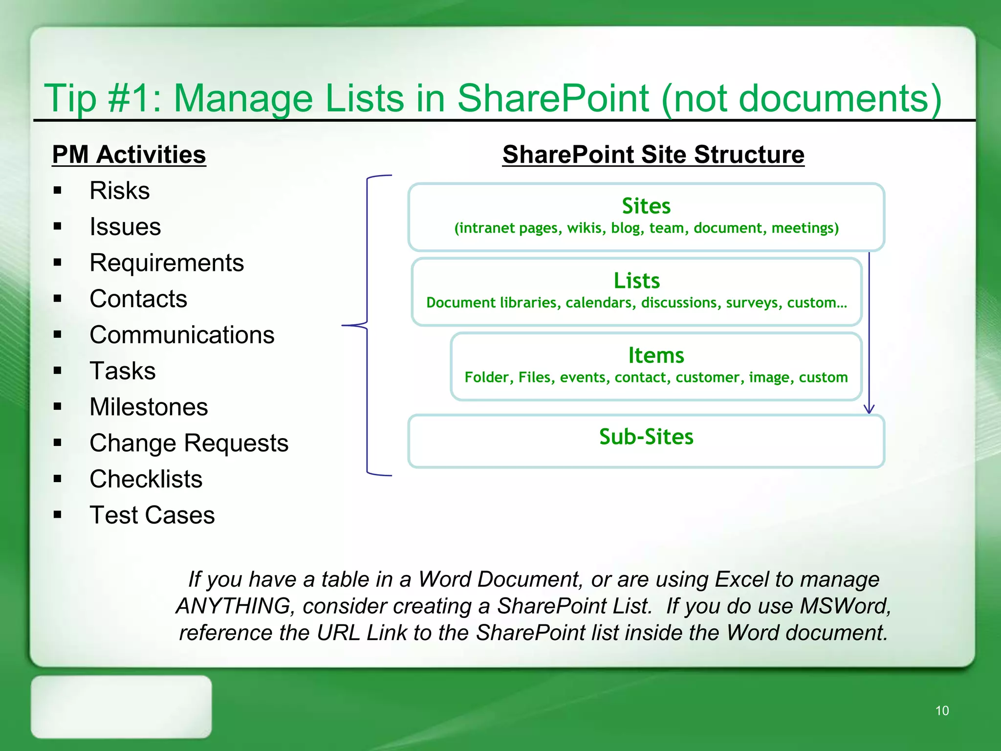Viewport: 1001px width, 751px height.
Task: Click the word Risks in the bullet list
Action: tap(119, 191)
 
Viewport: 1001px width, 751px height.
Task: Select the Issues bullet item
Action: tap(125, 227)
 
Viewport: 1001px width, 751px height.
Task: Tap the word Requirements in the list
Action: tap(167, 263)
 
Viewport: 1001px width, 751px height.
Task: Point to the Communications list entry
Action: tap(182, 335)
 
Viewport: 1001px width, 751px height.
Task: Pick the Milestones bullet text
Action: tap(149, 407)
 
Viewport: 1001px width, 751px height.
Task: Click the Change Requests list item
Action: tap(189, 443)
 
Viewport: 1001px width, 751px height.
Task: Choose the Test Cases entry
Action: tap(152, 515)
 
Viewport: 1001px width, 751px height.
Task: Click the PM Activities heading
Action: tap(129, 155)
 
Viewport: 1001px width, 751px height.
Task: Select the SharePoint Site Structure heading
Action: tap(653, 155)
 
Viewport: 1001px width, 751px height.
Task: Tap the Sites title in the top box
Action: tap(646, 206)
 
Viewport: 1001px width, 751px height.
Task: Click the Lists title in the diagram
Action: tap(636, 281)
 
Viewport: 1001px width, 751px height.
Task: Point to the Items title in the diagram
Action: tap(655, 355)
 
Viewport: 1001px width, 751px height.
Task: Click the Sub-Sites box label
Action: tap(646, 437)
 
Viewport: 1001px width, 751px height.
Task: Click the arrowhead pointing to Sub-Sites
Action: tap(869, 409)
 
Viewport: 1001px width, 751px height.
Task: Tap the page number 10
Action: tap(942, 710)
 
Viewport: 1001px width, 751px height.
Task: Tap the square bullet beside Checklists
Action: tap(58, 479)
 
